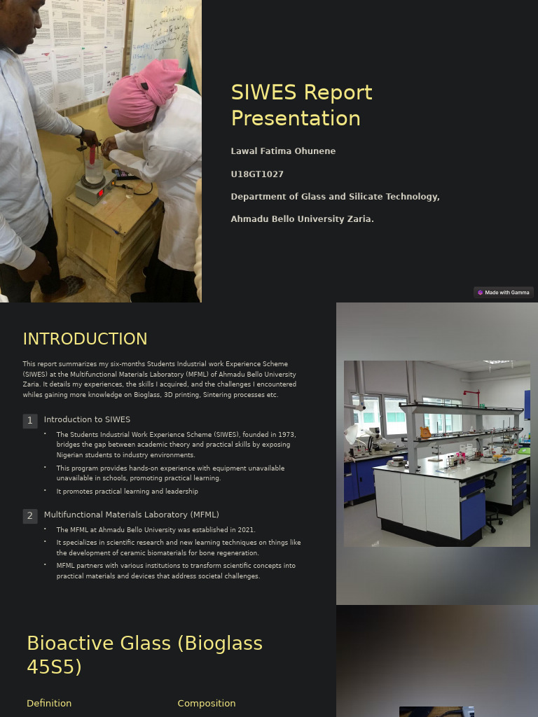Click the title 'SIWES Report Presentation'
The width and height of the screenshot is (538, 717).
click(301, 105)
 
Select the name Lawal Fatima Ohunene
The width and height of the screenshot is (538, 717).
click(283, 151)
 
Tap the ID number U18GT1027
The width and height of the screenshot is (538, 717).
click(257, 174)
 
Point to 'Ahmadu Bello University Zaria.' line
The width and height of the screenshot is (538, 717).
click(302, 219)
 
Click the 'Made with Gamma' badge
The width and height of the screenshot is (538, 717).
click(503, 293)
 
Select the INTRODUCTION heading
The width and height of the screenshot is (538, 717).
click(85, 339)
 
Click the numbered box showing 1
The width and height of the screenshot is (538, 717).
click(29, 421)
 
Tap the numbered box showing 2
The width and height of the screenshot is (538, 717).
click(29, 516)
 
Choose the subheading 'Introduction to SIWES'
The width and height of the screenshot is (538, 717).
click(87, 419)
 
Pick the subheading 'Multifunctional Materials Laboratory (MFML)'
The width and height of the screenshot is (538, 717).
click(131, 515)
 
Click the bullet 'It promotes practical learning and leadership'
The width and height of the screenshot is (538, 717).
click(127, 492)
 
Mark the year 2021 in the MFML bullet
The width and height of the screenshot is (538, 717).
click(246, 530)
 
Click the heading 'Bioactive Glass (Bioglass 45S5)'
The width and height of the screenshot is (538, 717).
click(144, 655)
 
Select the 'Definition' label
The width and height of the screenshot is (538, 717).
click(49, 703)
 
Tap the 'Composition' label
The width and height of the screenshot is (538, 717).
click(206, 703)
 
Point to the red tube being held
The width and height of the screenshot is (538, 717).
click(91, 155)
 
